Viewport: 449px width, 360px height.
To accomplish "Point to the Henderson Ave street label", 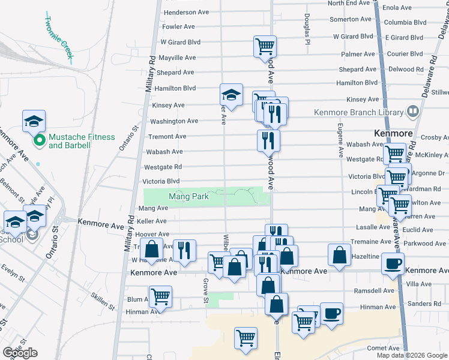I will point(186,12).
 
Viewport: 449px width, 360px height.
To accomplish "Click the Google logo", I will point(20,353).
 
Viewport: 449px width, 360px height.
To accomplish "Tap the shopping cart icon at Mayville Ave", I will point(265,46).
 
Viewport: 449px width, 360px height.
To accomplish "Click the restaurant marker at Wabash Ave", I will point(268,140).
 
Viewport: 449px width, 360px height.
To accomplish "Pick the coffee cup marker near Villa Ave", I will point(393,263).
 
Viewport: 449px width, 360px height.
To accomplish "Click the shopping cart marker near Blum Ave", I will point(160,296).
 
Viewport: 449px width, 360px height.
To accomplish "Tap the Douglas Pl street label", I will point(306,29).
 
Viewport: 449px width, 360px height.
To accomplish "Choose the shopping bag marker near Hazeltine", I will point(339,254).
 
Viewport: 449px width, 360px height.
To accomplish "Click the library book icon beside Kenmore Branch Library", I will point(412,112).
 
